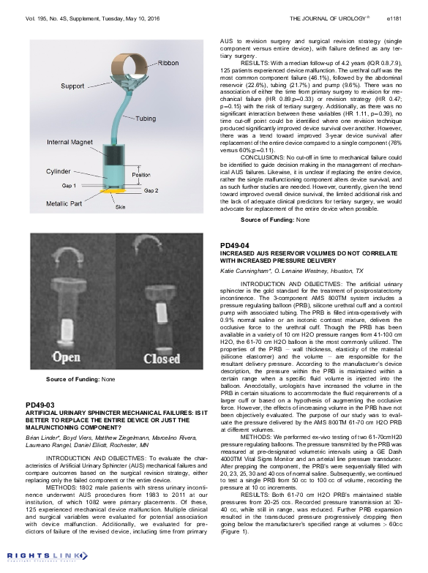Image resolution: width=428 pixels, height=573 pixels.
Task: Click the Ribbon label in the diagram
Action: (x=168, y=64)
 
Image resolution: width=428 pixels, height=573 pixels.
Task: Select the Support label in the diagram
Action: (x=72, y=86)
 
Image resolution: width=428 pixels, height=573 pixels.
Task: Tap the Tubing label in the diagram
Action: (x=146, y=119)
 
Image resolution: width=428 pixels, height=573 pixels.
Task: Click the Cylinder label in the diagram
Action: (x=59, y=171)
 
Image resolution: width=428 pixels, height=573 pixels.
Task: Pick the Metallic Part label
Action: (x=64, y=203)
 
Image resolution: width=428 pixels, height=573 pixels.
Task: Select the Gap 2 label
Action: (x=151, y=190)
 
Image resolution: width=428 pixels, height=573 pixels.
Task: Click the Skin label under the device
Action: (x=120, y=207)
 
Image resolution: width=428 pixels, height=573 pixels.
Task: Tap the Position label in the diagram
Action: (x=141, y=175)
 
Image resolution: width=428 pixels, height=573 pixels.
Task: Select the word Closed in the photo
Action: (x=163, y=359)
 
